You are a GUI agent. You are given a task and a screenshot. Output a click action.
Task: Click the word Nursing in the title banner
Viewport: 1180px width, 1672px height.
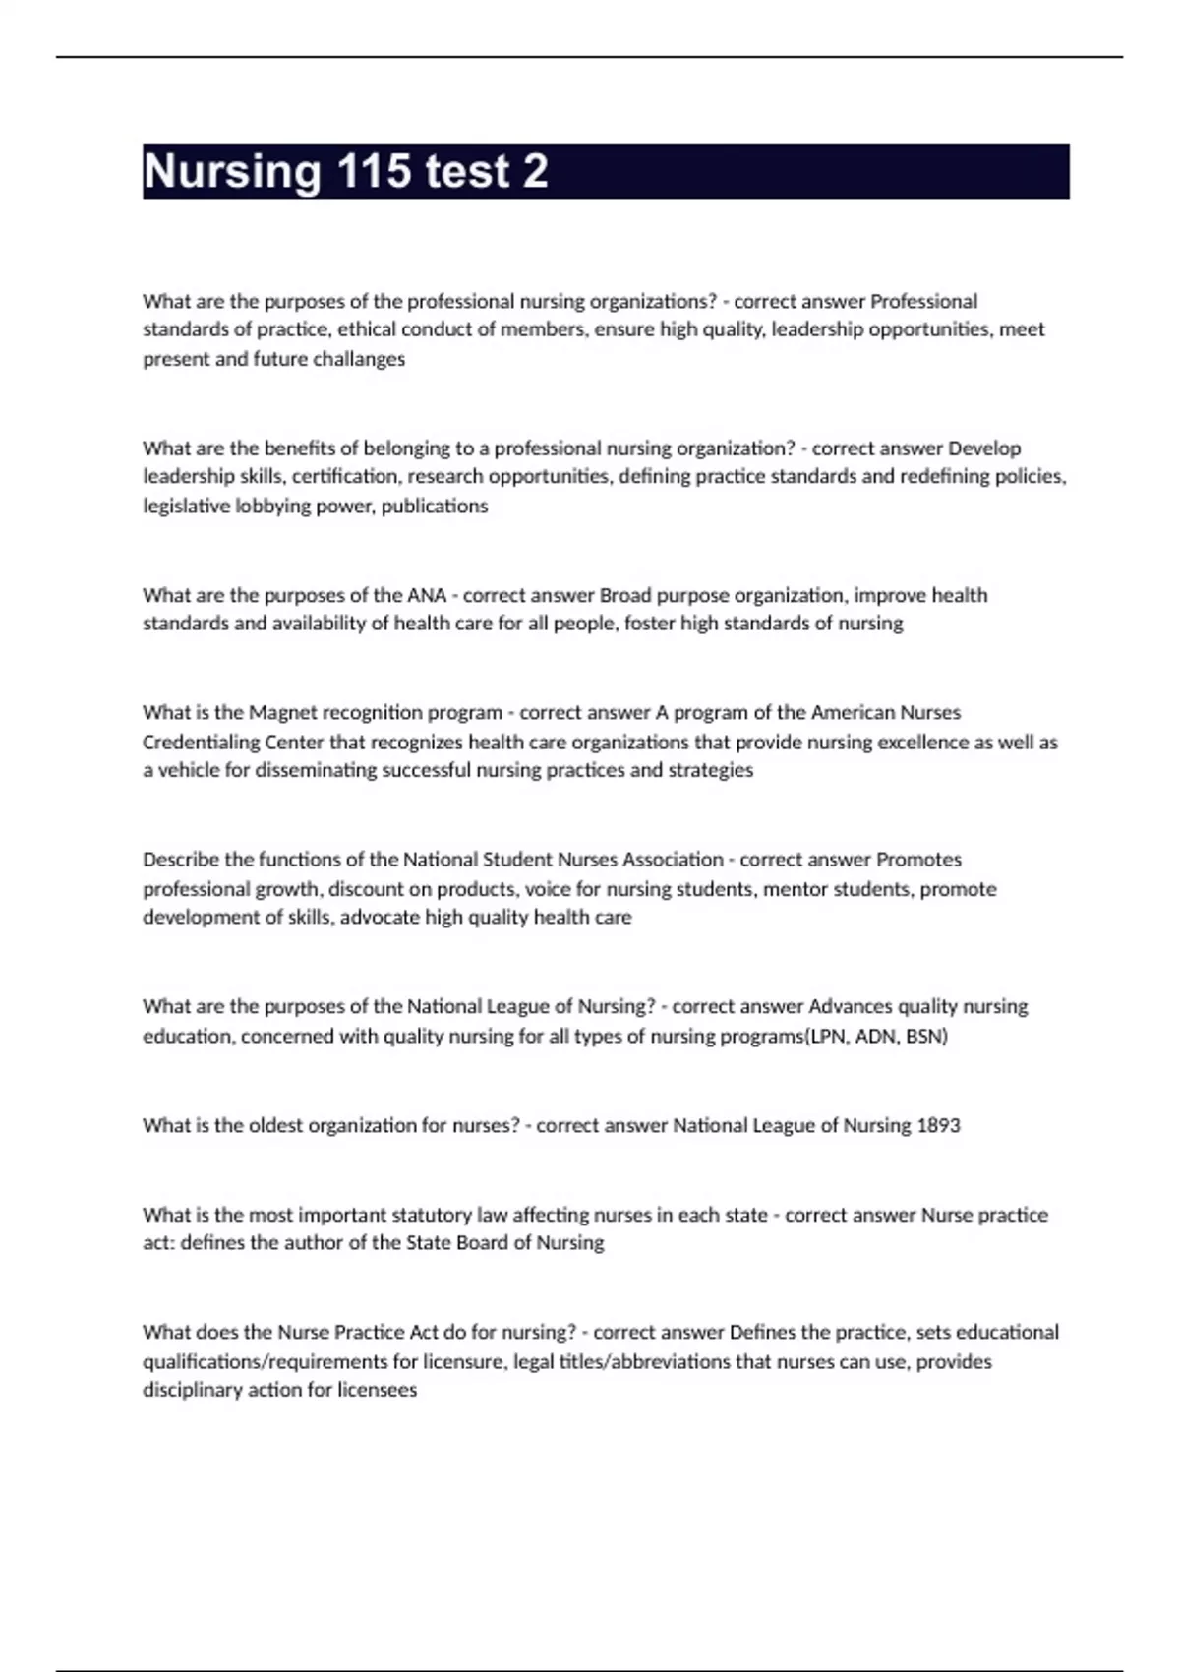pos(232,172)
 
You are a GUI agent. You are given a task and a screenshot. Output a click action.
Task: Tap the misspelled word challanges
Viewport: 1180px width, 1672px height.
pos(359,359)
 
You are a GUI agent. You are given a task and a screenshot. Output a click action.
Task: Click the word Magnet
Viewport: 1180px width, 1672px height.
pos(282,712)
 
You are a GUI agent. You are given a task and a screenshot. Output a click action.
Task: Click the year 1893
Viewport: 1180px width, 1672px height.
pos(938,1125)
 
